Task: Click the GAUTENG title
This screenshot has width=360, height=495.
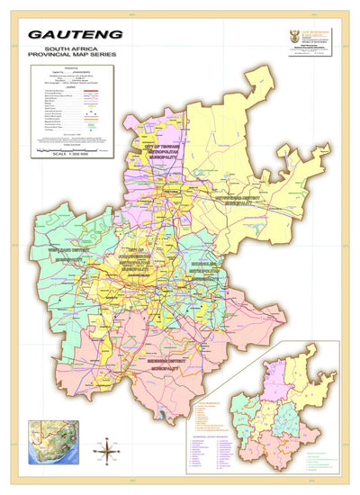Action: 64,35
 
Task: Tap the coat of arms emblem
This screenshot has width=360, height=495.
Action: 292,39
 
